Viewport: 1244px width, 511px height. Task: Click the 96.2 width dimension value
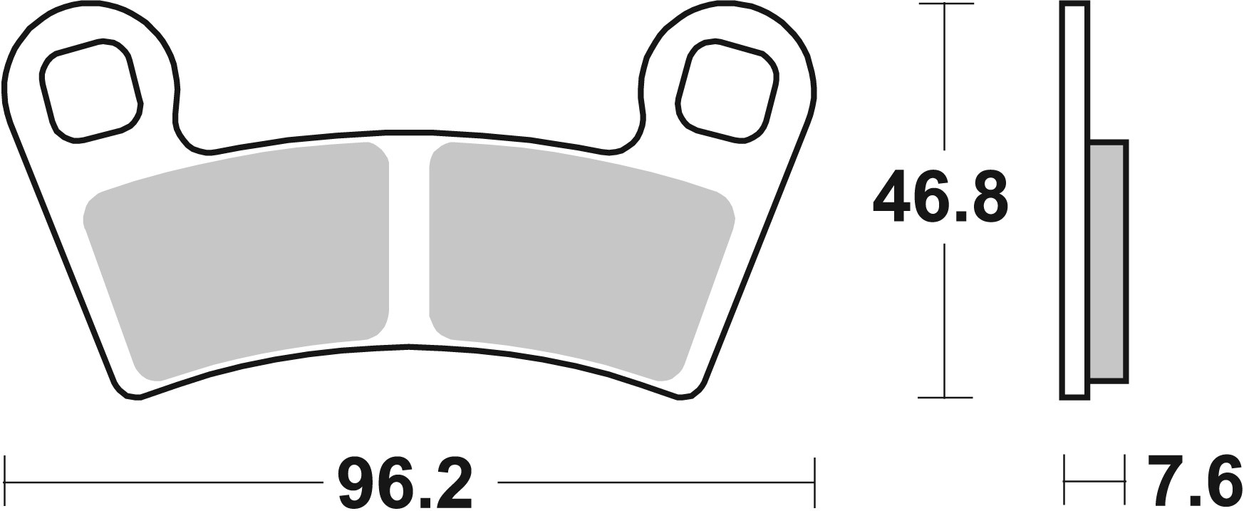[x=405, y=482]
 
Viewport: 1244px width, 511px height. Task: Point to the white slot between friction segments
[x=410, y=242]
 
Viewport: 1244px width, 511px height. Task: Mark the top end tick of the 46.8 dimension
[x=944, y=5]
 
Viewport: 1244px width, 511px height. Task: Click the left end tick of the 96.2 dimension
[x=6, y=471]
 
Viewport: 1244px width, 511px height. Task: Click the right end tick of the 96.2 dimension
[x=814, y=471]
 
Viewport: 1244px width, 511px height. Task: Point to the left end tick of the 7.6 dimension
[x=1064, y=471]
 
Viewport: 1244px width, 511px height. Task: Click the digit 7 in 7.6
[x=1163, y=482]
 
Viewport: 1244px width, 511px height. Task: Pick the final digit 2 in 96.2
[x=452, y=482]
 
